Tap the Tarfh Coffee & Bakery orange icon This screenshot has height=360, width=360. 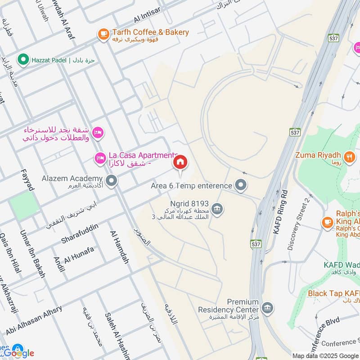(103, 33)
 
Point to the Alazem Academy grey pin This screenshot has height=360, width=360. (112, 181)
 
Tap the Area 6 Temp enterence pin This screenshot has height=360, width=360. (241, 185)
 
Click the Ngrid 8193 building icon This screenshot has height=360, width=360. (217, 208)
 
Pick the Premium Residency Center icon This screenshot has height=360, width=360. (267, 308)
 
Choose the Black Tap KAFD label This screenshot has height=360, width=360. (333, 293)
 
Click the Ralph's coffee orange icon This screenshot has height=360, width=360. (327, 221)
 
